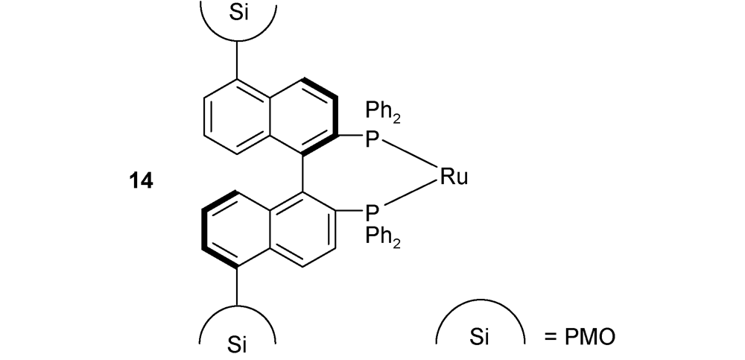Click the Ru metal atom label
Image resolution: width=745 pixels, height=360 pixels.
click(x=454, y=177)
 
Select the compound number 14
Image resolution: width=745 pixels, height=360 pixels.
click(x=141, y=181)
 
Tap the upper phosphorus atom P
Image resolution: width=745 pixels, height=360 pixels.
click(x=372, y=139)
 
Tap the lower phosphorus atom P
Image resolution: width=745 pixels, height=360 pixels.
click(x=372, y=213)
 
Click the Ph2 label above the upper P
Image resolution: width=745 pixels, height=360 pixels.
click(x=383, y=113)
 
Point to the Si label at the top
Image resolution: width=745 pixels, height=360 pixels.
click(x=238, y=13)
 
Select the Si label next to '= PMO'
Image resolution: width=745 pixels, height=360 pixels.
click(x=479, y=337)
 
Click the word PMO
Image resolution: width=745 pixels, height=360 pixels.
click(x=589, y=337)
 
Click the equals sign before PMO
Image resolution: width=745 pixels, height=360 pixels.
click(x=551, y=337)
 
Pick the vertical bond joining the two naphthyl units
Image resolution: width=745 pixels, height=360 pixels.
click(x=303, y=173)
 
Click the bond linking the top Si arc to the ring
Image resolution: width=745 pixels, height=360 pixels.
click(x=237, y=60)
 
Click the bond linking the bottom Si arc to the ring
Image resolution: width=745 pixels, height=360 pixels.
click(x=237, y=285)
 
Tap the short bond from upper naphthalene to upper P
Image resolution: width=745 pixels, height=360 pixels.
click(x=350, y=136)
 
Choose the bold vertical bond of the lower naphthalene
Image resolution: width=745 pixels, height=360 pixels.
click(x=204, y=230)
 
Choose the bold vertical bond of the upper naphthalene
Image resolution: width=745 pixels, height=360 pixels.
click(x=336, y=116)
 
